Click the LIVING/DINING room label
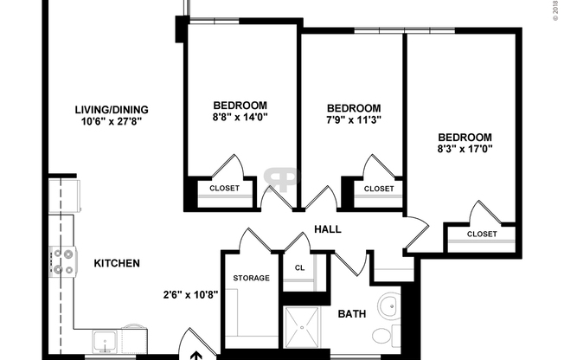click(112, 109)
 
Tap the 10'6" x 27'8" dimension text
click(112, 122)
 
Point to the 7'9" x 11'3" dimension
click(353, 119)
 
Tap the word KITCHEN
click(117, 263)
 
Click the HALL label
click(328, 229)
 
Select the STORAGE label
click(251, 278)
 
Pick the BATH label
click(351, 313)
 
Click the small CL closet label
click(299, 268)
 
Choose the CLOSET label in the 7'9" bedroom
click(378, 188)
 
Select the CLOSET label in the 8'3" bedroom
click(482, 234)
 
